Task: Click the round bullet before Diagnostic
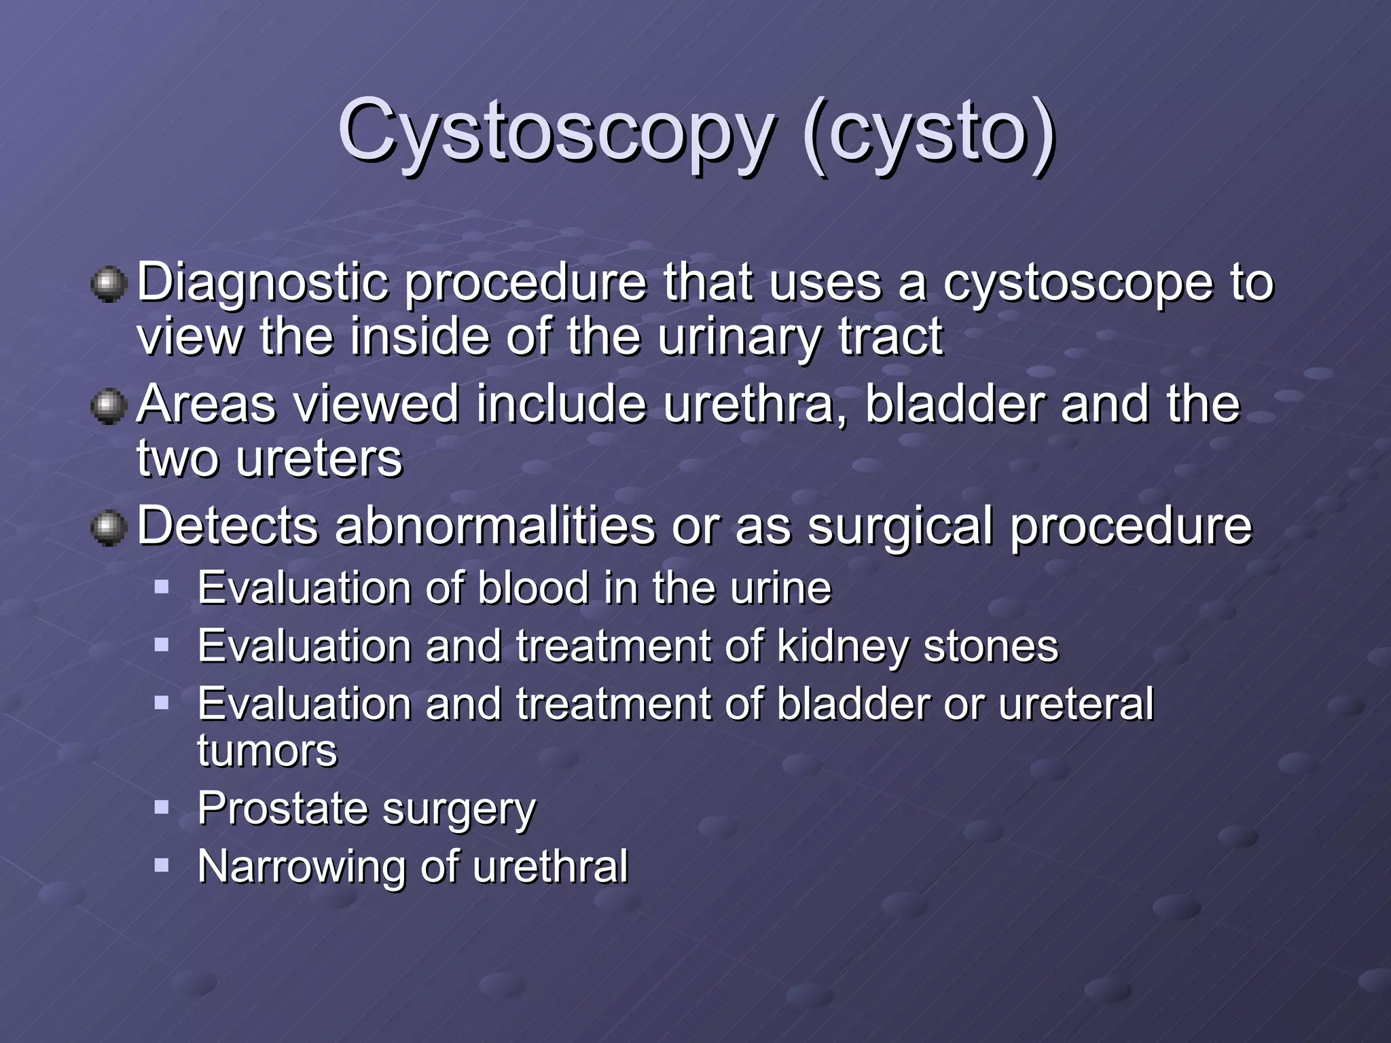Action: pyautogui.click(x=109, y=285)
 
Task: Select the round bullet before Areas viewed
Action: pyautogui.click(x=109, y=406)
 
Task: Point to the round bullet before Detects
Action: pyautogui.click(x=109, y=528)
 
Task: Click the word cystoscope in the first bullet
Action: pyautogui.click(x=1078, y=283)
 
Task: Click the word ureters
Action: pyautogui.click(x=319, y=459)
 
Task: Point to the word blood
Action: pyautogui.click(x=532, y=588)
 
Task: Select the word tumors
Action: pyautogui.click(x=267, y=751)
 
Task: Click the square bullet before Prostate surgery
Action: pyautogui.click(x=161, y=807)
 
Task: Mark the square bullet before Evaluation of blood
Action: pyautogui.click(x=161, y=587)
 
